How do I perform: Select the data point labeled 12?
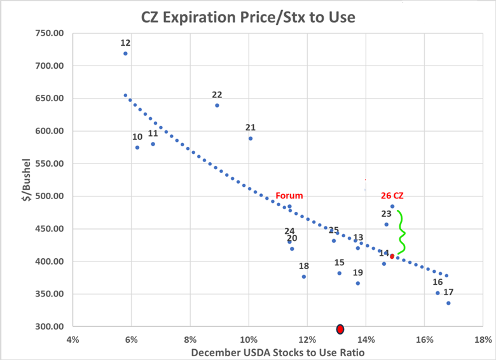(x=125, y=53)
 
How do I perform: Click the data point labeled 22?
(x=217, y=105)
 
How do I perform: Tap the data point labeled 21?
(x=251, y=138)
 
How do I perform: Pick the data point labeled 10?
(x=137, y=147)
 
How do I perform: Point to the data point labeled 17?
(x=448, y=303)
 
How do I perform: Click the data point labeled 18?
(x=304, y=277)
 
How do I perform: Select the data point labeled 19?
(x=358, y=283)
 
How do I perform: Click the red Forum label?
(x=289, y=196)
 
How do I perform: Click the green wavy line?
(x=402, y=233)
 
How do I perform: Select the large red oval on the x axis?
(x=340, y=329)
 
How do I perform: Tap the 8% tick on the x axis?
(x=190, y=339)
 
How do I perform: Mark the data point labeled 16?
(x=437, y=293)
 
